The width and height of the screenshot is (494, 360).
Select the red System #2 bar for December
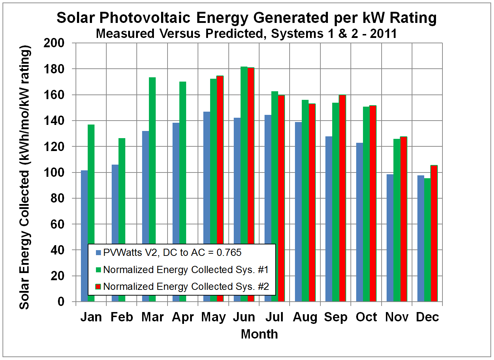[x=434, y=233]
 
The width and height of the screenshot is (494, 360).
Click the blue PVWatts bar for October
[x=359, y=222]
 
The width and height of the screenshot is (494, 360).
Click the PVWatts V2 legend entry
[x=172, y=253]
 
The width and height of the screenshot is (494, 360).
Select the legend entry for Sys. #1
[x=185, y=270]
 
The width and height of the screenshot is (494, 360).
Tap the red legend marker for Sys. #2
[x=98, y=287]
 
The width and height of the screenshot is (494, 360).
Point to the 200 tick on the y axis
[x=54, y=43]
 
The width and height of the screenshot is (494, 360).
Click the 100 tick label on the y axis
[x=54, y=172]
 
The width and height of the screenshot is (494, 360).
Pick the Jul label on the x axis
[x=275, y=317]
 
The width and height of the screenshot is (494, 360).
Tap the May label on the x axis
[x=213, y=317]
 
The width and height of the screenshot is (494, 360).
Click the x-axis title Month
[x=259, y=334]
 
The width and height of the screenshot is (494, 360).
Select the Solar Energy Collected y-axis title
[x=24, y=177]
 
